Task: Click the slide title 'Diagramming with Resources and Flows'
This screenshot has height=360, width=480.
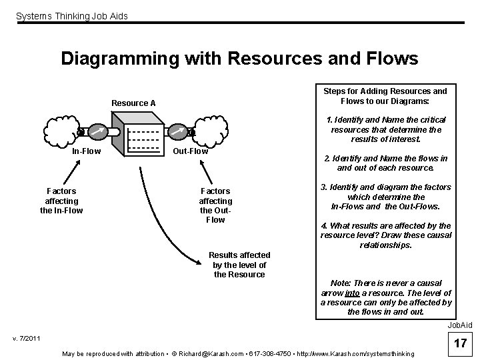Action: click(239, 59)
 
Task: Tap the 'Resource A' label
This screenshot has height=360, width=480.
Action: click(133, 103)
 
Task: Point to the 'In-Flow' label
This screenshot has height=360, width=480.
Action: click(87, 151)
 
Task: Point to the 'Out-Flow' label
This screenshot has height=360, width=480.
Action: click(191, 151)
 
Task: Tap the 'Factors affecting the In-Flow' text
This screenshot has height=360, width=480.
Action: click(61, 201)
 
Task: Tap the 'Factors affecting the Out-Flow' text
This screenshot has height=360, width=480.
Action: click(215, 205)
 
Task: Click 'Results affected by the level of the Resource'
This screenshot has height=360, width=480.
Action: click(239, 265)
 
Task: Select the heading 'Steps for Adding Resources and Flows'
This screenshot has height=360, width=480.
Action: click(385, 96)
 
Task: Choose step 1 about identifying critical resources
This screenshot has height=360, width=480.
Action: click(385, 129)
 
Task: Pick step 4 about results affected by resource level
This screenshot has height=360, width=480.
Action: click(385, 235)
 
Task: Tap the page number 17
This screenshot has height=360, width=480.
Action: click(459, 344)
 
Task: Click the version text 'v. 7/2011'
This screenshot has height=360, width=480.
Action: click(27, 339)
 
